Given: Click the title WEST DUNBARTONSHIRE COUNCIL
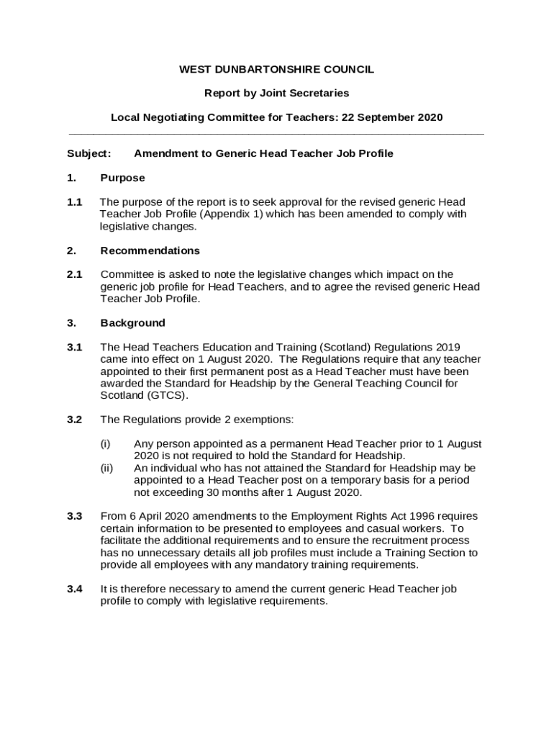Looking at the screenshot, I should tap(276, 69).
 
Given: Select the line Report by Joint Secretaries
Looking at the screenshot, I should tap(276, 93).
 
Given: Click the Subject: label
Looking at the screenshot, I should tap(88, 153).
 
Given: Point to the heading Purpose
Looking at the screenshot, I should tap(122, 178).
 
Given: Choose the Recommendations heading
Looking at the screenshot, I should tap(150, 250).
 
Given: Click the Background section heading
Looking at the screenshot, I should tap(132, 323).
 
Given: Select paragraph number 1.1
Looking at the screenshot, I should tap(74, 202).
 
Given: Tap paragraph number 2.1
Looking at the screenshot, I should tap(74, 274).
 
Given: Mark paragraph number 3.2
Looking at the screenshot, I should tap(74, 420).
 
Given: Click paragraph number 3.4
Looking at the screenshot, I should tap(74, 589).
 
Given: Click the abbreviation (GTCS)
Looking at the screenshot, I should tap(166, 395).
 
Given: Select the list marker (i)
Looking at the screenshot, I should tap(105, 443).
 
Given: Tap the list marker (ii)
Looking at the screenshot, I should tap(106, 468).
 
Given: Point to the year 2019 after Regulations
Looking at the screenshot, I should tap(455, 347).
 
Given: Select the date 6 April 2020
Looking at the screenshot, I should tap(163, 516).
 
